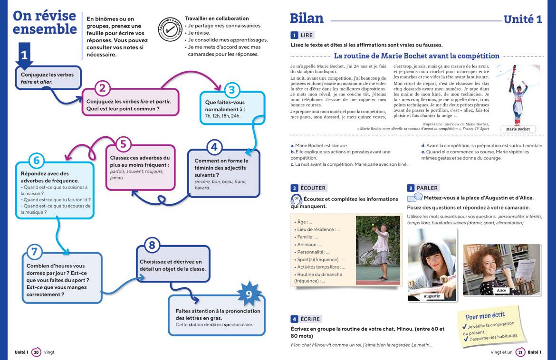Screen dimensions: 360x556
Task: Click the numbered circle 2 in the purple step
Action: (103, 88)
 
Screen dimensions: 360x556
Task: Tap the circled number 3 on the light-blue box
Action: (231, 90)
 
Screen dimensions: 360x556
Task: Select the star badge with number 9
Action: (248, 294)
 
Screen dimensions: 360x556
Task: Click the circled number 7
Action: (33, 252)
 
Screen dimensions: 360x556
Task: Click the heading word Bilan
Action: (307, 19)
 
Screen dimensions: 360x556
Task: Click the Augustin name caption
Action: (431, 296)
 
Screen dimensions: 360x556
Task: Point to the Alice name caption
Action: (501, 290)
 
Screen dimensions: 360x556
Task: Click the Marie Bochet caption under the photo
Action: (518, 129)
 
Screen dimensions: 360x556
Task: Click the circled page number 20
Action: (36, 352)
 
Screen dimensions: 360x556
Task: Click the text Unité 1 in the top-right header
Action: (522, 19)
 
